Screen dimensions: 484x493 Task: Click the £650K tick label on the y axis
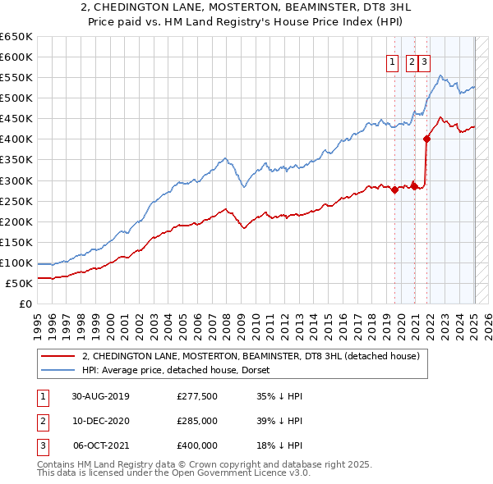[x=17, y=37]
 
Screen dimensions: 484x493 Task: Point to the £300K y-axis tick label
[x=17, y=180]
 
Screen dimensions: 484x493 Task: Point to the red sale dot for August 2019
[x=395, y=189]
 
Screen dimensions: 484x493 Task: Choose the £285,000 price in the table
[x=197, y=421]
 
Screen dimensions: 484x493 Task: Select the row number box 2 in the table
[x=42, y=421]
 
